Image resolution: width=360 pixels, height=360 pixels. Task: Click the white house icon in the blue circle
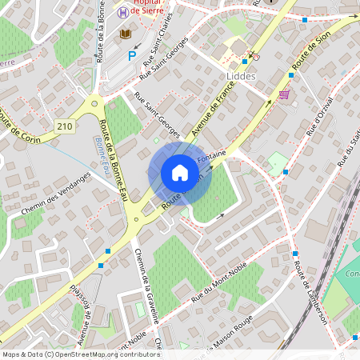click(x=180, y=172)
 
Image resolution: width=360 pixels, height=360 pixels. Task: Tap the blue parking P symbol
click(x=133, y=56)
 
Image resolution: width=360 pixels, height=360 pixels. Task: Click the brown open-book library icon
click(x=125, y=34)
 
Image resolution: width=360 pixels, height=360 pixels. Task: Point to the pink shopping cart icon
click(x=284, y=94)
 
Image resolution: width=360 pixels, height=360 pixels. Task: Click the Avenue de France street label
click(x=206, y=113)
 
